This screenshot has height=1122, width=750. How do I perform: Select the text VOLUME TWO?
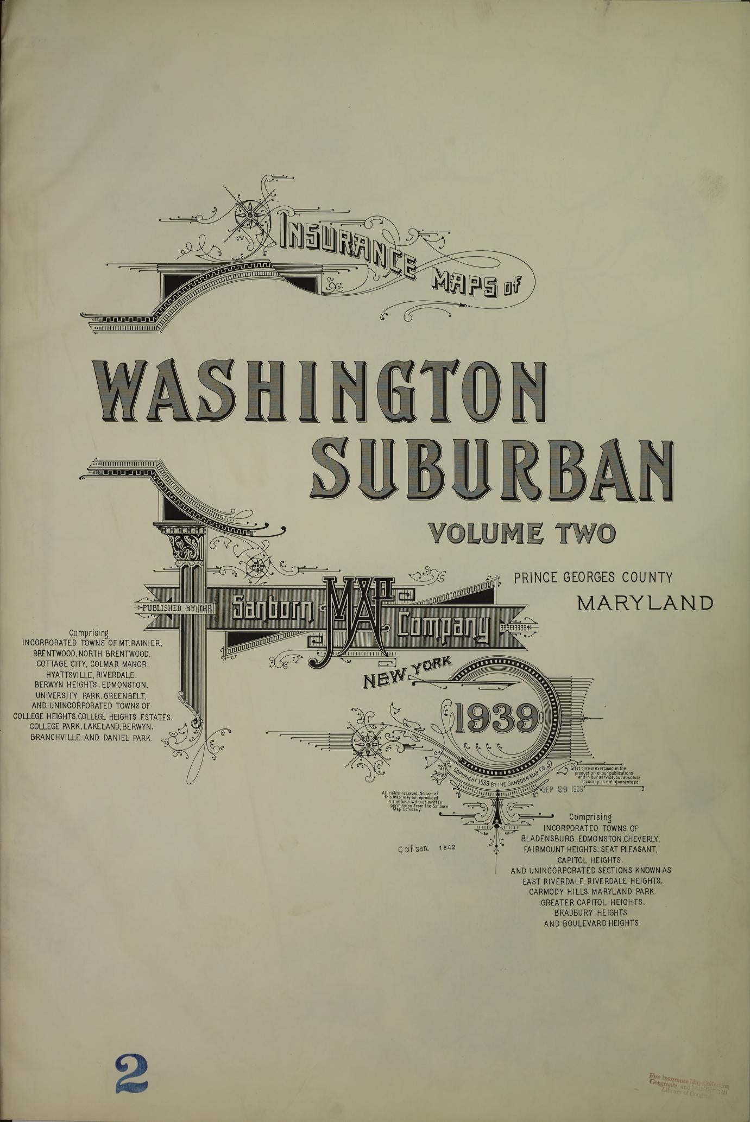pyautogui.click(x=522, y=533)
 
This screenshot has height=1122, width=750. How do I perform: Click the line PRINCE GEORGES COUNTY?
pyautogui.click(x=593, y=577)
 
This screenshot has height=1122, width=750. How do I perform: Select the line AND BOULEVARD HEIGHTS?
pyautogui.click(x=591, y=923)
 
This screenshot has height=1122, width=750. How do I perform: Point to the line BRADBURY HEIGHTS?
pyautogui.click(x=591, y=912)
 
